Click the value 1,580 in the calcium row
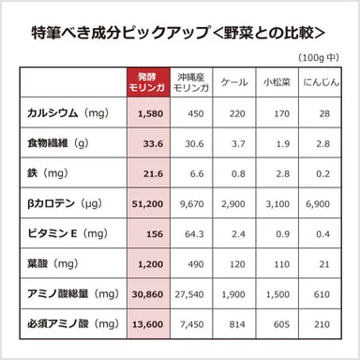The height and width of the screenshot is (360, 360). [x=151, y=113]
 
